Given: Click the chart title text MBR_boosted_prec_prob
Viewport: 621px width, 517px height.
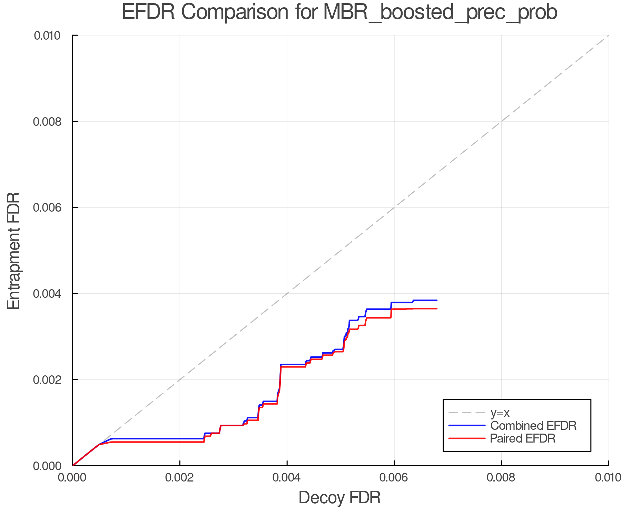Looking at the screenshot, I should click(440, 13).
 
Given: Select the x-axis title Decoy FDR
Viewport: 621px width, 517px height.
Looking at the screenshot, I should click(339, 498).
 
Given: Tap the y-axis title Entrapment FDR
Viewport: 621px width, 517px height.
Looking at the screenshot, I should click(14, 251).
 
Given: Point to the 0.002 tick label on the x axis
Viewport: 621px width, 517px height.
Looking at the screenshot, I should click(180, 477).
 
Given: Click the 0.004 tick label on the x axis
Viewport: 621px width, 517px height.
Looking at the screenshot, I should click(287, 477).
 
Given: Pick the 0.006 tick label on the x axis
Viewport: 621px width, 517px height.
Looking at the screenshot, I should click(394, 477).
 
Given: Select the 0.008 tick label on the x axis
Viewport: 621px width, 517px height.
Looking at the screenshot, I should click(501, 477).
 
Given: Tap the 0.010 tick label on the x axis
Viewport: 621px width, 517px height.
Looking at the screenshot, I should click(608, 477).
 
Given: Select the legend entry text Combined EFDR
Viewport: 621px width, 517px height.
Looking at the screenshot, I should click(533, 426).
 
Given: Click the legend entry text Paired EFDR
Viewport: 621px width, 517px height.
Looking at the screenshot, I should click(523, 438).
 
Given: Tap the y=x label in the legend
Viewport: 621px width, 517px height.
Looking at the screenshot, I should click(500, 413).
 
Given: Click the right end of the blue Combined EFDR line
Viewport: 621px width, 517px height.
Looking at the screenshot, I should click(437, 300).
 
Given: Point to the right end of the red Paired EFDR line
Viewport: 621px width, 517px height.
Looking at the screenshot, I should click(437, 308).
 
